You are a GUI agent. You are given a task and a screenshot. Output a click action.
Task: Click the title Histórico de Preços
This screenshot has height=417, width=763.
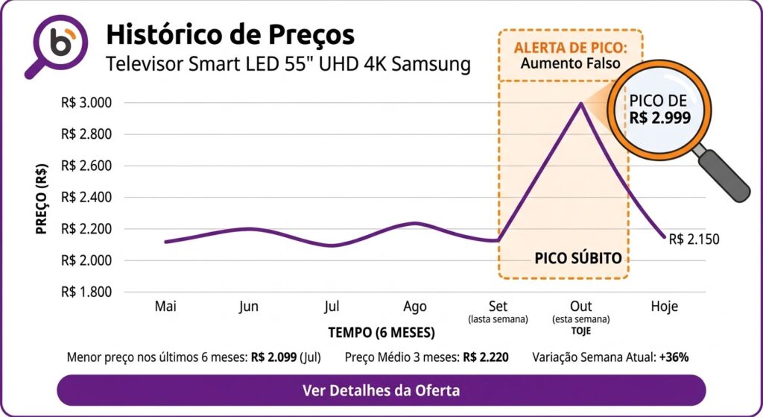pyautogui.click(x=230, y=34)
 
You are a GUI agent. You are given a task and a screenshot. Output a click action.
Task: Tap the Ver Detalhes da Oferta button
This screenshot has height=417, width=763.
pyautogui.click(x=381, y=390)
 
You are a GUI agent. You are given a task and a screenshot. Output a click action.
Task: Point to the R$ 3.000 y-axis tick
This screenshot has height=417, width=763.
pyautogui.click(x=86, y=103)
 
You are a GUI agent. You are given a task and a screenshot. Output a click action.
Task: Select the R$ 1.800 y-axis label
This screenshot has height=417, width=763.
pyautogui.click(x=86, y=292)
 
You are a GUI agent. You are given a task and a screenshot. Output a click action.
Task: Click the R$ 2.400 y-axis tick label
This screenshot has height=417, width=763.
pyautogui.click(x=86, y=198)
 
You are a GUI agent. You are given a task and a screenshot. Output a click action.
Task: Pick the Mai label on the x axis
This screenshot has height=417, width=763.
pyautogui.click(x=165, y=307)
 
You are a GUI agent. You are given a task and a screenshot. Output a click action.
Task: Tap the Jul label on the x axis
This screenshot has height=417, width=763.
pyautogui.click(x=332, y=307)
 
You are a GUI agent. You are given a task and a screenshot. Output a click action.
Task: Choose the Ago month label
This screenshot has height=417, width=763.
pyautogui.click(x=415, y=307)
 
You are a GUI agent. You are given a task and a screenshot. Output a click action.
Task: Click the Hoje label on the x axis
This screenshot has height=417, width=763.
pyautogui.click(x=664, y=307)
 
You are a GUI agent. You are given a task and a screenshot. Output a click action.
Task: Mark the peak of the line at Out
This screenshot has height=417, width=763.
pyautogui.click(x=581, y=104)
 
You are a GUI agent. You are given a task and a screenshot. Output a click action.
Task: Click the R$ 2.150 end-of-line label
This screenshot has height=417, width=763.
pyautogui.click(x=694, y=239)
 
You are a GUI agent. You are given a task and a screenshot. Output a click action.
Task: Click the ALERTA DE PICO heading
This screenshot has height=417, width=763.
pyautogui.click(x=569, y=48)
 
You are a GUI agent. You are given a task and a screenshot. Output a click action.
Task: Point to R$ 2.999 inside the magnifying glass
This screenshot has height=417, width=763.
pyautogui.click(x=660, y=117)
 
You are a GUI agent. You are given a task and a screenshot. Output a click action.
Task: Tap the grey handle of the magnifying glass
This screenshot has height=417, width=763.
pyautogui.click(x=724, y=176)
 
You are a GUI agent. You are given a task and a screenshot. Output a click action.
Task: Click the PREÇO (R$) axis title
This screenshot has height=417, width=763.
pyautogui.click(x=42, y=197)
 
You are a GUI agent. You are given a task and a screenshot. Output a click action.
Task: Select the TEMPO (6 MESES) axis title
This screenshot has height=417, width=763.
pyautogui.click(x=381, y=331)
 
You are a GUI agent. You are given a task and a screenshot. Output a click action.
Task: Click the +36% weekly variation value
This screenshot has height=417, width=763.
pyautogui.click(x=674, y=357)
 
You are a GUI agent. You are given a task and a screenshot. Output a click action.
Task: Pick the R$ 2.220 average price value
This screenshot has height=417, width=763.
pyautogui.click(x=485, y=357)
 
